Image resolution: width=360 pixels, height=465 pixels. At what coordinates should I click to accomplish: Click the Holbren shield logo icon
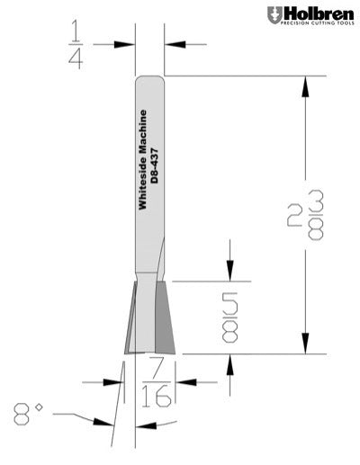[x=274, y=15]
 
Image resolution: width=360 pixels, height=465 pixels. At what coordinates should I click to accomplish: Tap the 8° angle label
[x=29, y=414]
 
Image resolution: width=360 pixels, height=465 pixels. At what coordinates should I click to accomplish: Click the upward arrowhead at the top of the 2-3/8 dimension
[x=308, y=85]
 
